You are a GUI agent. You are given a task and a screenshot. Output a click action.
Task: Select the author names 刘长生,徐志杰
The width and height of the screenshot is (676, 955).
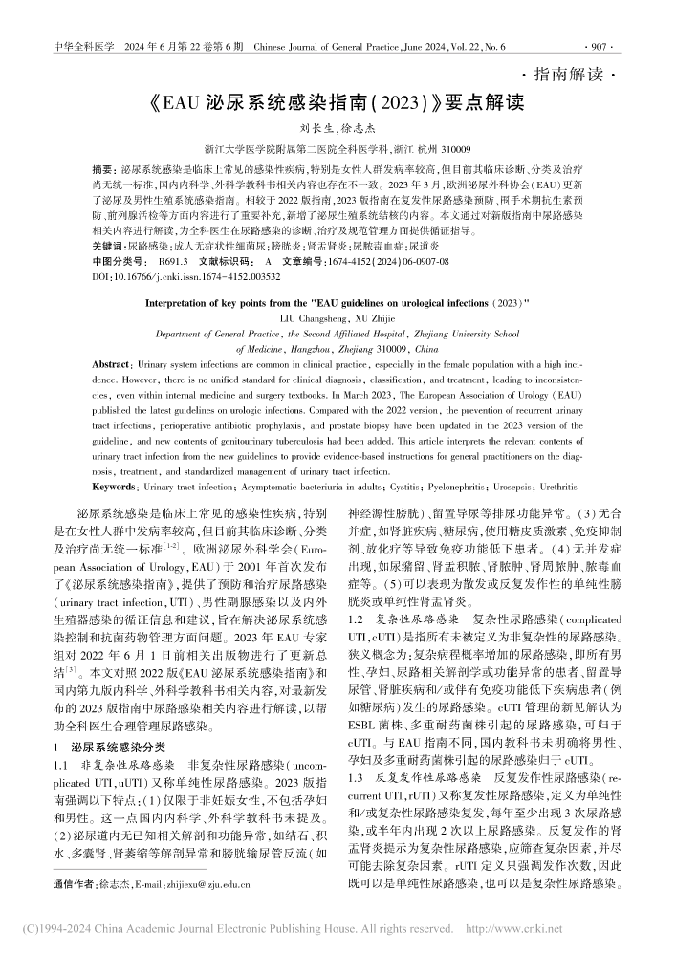tap(338, 128)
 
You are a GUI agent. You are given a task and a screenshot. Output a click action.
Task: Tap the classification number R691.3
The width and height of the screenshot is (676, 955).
tap(175, 260)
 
